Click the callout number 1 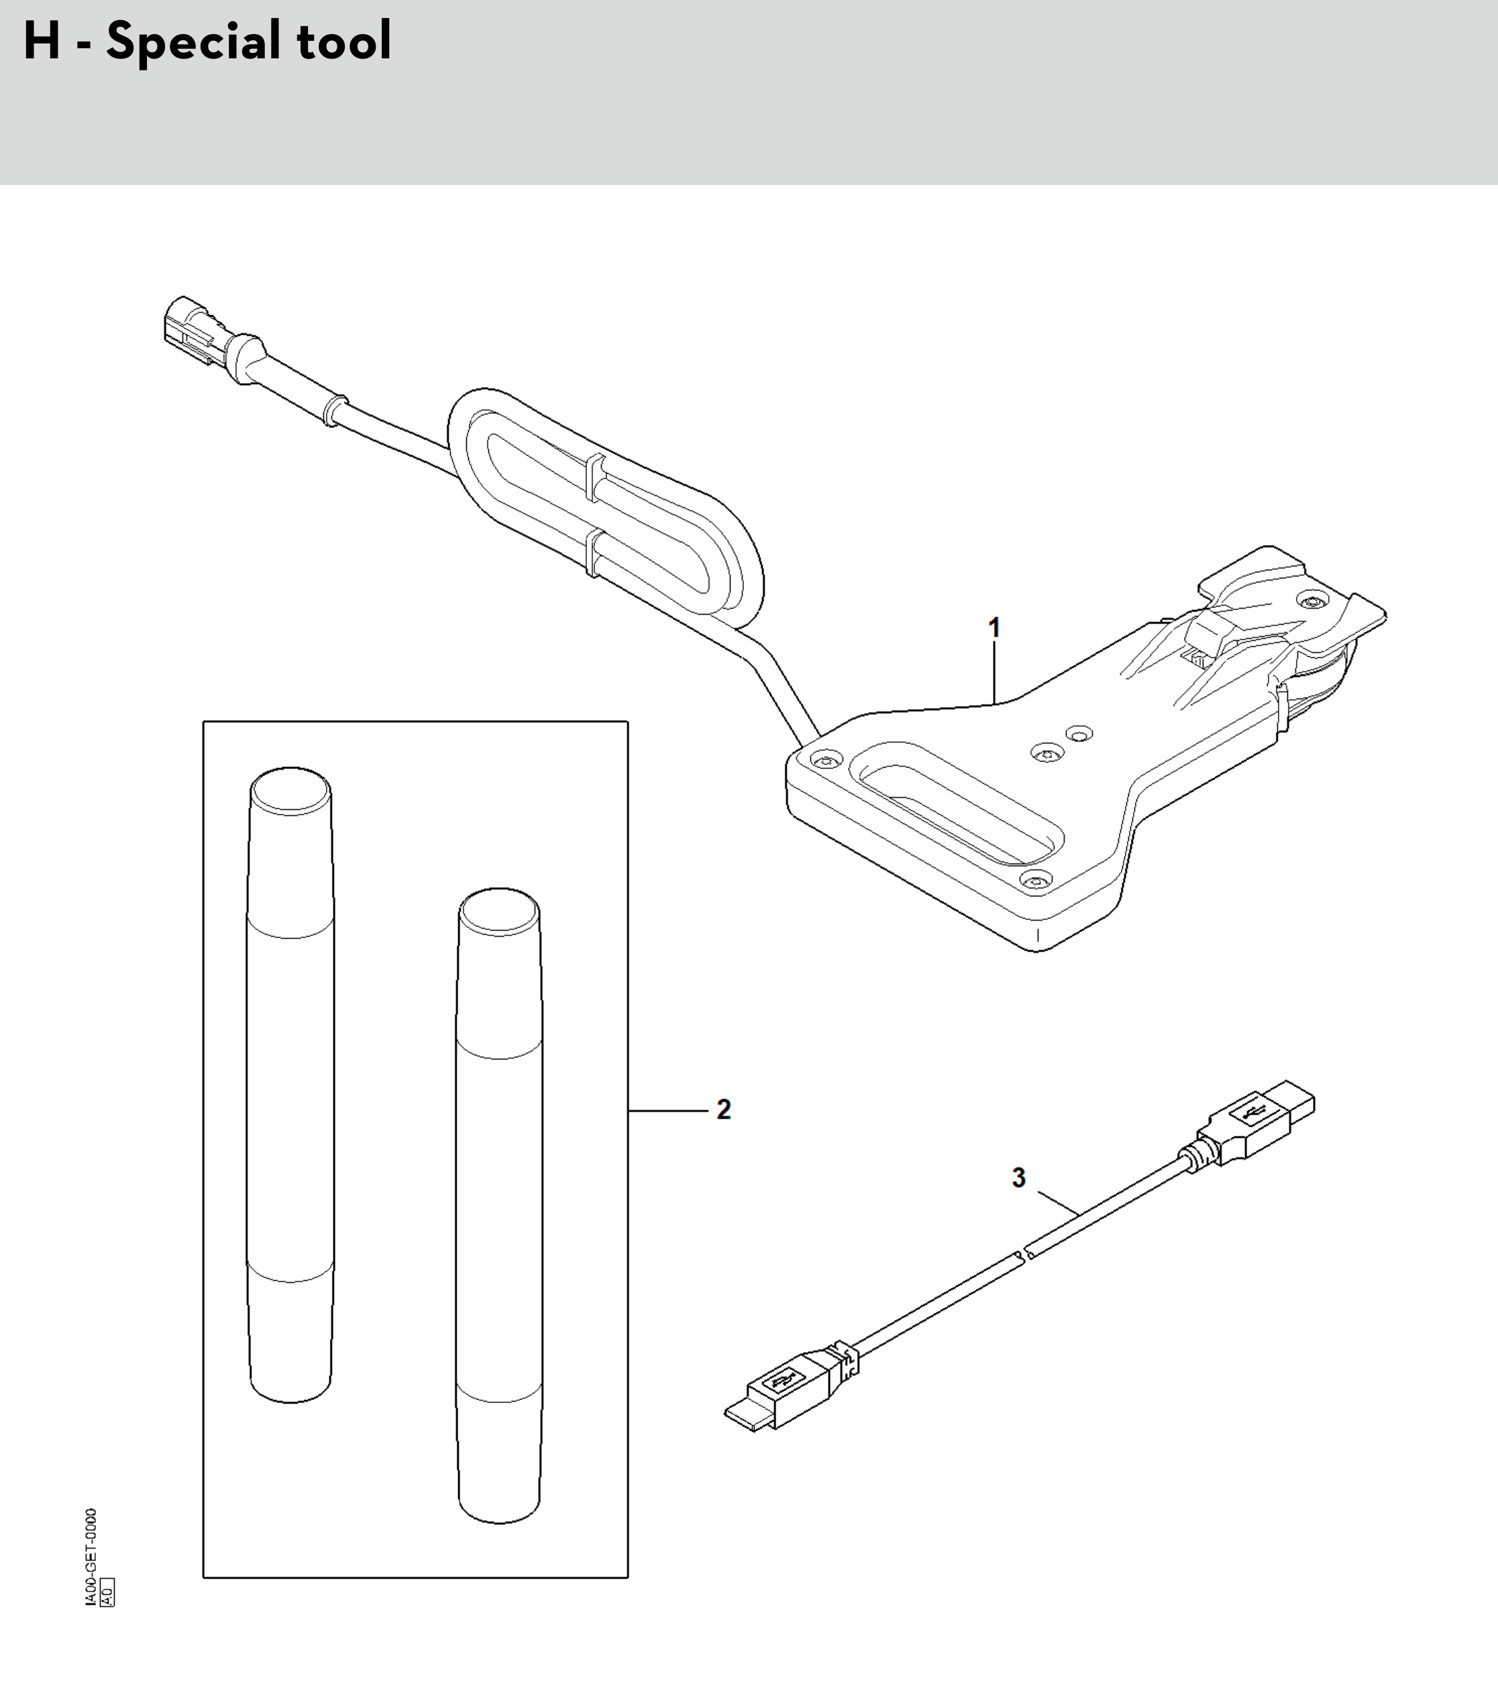[x=995, y=629]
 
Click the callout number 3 [x=1018, y=1177]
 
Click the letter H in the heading [x=42, y=42]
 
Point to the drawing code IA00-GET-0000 [x=91, y=1559]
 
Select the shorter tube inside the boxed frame [x=499, y=1206]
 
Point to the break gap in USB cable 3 [x=1024, y=1257]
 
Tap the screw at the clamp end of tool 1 [x=1309, y=599]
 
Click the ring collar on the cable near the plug [x=333, y=409]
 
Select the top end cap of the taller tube [x=290, y=790]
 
